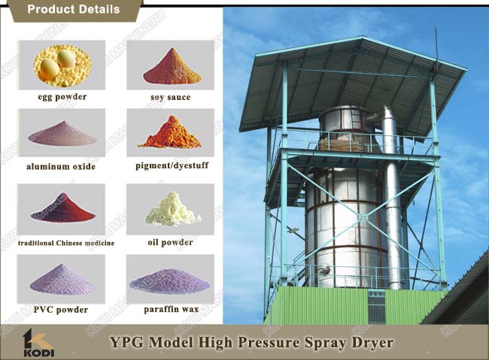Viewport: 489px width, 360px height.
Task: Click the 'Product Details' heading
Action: point(74,9)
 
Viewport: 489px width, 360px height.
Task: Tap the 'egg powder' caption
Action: point(62,97)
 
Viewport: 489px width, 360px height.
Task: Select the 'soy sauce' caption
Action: point(170,97)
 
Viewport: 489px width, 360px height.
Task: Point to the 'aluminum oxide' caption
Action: point(61,166)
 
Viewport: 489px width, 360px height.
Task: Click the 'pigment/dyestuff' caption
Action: point(172,165)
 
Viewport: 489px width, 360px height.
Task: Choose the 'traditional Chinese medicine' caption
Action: point(66,243)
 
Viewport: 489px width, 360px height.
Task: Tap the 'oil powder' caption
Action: point(170,243)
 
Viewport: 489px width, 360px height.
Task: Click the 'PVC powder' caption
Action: point(61,310)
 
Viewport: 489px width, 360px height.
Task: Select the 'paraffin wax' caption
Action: point(172,310)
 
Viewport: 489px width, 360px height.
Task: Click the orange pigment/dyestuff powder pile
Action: point(171,133)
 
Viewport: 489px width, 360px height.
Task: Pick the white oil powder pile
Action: point(172,210)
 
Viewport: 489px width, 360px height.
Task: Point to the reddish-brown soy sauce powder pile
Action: point(172,68)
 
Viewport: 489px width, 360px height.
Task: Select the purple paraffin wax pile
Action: point(170,282)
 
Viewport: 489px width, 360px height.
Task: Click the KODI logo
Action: point(38,343)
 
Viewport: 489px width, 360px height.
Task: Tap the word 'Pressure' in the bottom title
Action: point(269,343)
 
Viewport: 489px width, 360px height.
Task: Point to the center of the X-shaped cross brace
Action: point(363,217)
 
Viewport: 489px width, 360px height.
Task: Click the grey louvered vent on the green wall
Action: point(377,307)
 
